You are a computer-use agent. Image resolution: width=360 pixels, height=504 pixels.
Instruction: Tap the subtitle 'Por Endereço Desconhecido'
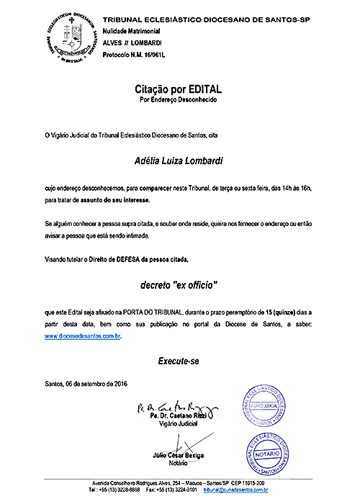pos(178,99)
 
